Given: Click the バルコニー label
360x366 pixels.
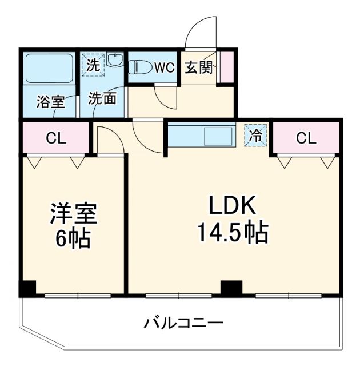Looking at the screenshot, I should point(183,323).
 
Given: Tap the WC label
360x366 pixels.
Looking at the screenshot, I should point(165,67).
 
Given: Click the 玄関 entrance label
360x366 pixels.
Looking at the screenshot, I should point(198,67).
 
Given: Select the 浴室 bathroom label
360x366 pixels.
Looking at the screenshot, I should point(50,102).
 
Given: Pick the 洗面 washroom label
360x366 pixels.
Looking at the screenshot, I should point(102,98).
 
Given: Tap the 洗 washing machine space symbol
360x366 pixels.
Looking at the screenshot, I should point(93,64).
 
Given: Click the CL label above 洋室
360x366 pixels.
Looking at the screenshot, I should point(56,138).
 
